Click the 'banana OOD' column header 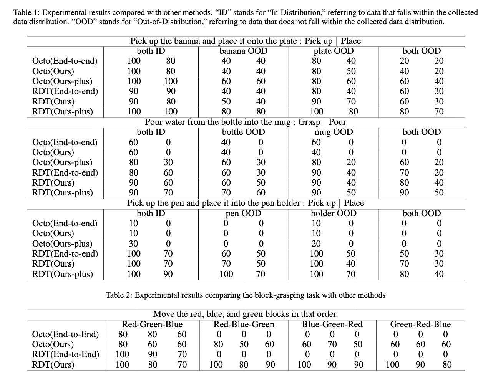pos(243,51)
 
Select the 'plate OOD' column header pos(334,51)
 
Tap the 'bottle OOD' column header pos(243,132)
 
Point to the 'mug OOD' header pos(334,132)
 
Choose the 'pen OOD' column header pos(243,214)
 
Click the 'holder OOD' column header pos(334,214)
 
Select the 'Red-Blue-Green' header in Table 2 pos(244,325)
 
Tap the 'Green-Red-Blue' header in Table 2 pos(420,325)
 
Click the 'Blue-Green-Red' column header pos(332,325)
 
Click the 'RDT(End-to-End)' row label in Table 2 pos(65,354)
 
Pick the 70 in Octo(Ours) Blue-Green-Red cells pos(332,345)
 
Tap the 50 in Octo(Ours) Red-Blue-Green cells pos(244,345)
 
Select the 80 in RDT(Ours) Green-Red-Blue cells pos(447,364)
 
